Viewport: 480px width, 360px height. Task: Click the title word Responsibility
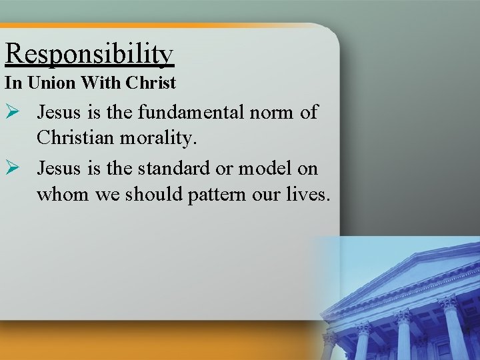tap(89, 55)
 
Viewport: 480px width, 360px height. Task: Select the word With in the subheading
tap(97, 83)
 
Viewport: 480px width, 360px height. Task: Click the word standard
tap(169, 168)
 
